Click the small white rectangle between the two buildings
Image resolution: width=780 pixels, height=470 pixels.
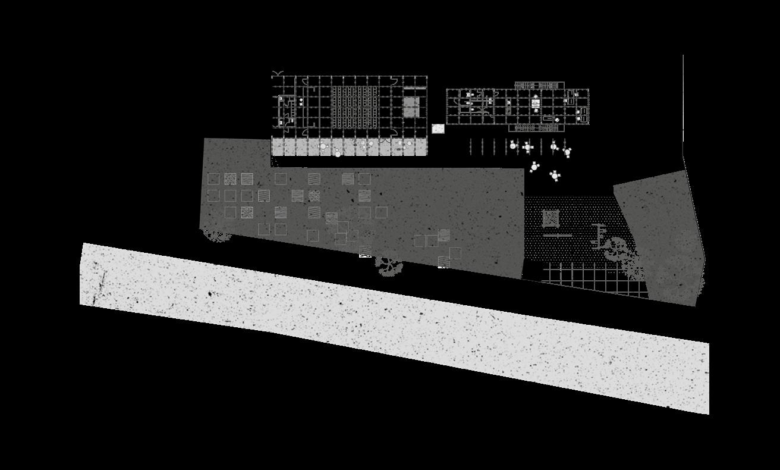(x=438, y=129)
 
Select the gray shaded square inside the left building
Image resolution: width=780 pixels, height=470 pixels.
(x=411, y=107)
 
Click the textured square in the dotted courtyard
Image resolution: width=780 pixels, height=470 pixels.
(x=551, y=218)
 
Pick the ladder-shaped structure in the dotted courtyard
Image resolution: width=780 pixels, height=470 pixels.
(x=599, y=235)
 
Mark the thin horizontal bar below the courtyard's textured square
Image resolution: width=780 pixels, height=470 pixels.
(x=557, y=236)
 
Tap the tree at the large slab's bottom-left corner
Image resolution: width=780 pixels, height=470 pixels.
(x=217, y=234)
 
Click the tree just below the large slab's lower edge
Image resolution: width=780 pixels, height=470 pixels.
(x=389, y=265)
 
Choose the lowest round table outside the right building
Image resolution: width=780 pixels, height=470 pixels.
(x=555, y=175)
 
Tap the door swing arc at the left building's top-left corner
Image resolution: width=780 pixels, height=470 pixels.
(x=277, y=74)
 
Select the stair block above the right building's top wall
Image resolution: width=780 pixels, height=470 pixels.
(x=539, y=86)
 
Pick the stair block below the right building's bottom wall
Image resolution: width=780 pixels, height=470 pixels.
(x=535, y=127)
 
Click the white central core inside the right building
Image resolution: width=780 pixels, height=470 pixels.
(x=536, y=104)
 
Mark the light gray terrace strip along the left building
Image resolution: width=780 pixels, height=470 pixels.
(x=350, y=148)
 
